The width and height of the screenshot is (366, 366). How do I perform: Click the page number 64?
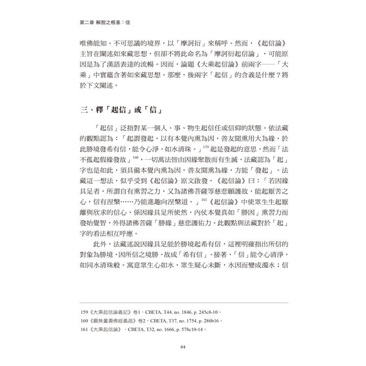183,347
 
